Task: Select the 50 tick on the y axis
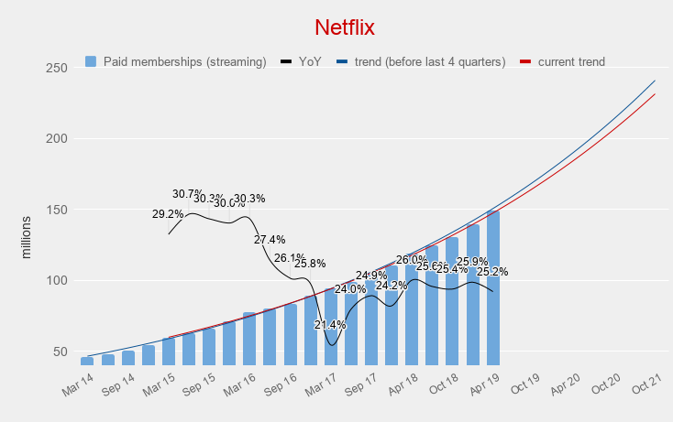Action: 59,352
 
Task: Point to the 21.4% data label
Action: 330,325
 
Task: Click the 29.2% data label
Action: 168,214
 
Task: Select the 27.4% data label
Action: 270,240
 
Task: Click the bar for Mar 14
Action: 87,361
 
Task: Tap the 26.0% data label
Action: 412,260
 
